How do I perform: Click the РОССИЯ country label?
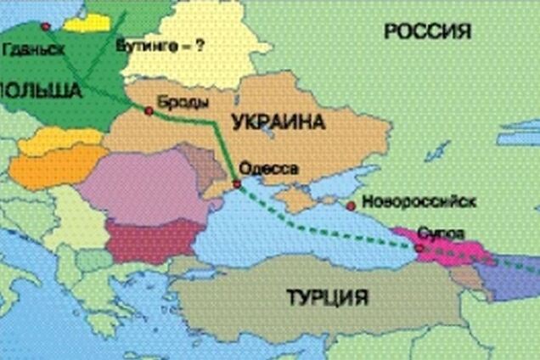click(427, 32)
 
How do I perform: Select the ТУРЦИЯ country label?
click(326, 297)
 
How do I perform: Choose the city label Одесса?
click(269, 167)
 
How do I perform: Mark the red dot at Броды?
click(149, 110)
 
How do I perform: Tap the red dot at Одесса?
click(237, 183)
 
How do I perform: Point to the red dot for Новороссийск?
click(350, 205)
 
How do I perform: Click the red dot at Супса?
click(418, 247)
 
